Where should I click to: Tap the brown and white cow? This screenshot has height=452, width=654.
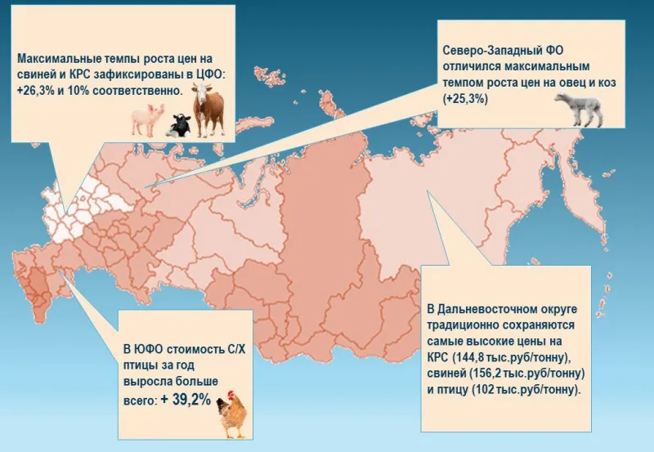pos(208,111)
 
